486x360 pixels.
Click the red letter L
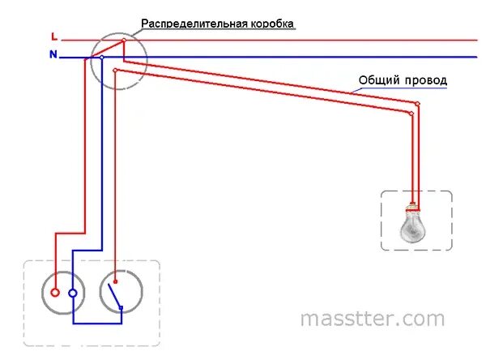click(53, 36)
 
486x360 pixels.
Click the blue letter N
click(53, 55)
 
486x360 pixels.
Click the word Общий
click(376, 81)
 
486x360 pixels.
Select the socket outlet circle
click(64, 292)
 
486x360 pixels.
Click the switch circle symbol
click(122, 292)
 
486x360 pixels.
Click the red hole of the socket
click(55, 293)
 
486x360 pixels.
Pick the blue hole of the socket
click(73, 293)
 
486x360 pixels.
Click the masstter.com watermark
click(372, 319)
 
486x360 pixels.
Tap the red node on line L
click(123, 40)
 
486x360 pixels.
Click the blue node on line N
click(102, 58)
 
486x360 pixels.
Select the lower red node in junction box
click(116, 71)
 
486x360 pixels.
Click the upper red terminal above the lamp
click(418, 104)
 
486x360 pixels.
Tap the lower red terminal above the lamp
click(411, 114)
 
